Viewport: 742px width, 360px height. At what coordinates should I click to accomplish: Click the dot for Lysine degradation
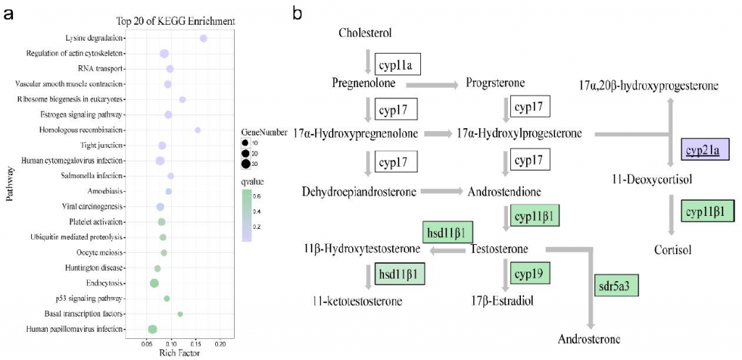[204, 38]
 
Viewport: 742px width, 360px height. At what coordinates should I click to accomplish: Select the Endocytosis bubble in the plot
[154, 282]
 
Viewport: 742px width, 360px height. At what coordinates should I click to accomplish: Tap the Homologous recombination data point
[197, 130]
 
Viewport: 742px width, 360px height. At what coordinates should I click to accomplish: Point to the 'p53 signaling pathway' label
[93, 298]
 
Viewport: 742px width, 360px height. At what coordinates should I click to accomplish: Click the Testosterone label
[499, 250]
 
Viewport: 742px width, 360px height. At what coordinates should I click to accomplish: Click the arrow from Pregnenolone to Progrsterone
[433, 85]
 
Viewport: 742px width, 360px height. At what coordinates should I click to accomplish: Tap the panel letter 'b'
[297, 12]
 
